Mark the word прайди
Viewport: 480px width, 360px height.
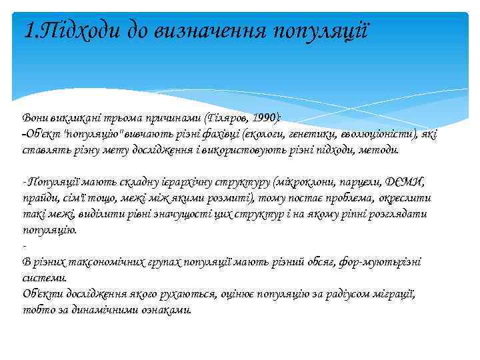tap(38, 198)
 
